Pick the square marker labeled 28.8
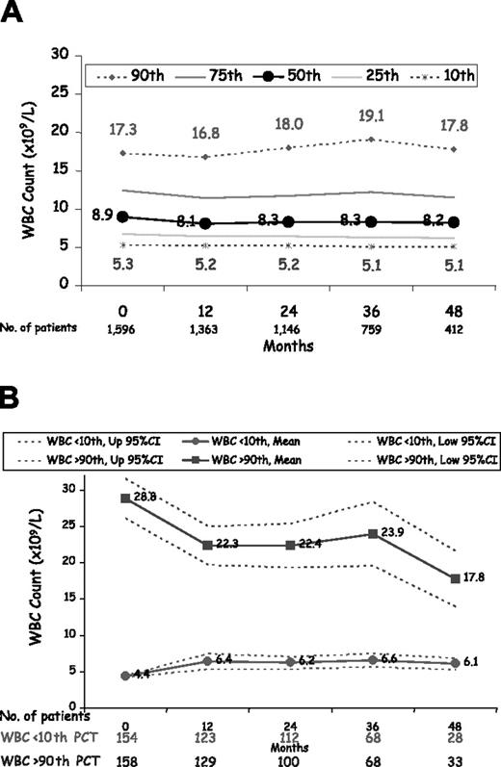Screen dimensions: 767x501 click(125, 499)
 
